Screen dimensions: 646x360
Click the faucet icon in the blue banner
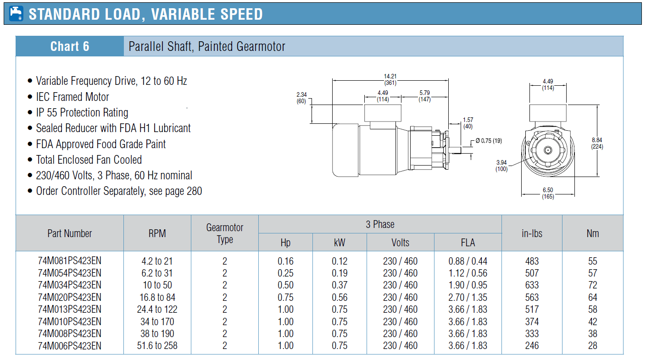16,14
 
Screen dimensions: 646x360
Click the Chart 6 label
70,46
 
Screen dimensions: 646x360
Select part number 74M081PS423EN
69,261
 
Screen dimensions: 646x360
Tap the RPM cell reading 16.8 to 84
157,297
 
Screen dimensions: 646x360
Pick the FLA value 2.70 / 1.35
468,297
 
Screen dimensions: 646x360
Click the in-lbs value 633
532,285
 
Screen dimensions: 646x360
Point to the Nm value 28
593,346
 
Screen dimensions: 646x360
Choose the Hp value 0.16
285,261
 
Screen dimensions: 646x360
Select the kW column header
340,243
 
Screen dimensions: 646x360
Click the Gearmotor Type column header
225,233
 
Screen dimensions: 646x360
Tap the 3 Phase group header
380,224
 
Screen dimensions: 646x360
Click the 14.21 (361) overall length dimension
390,79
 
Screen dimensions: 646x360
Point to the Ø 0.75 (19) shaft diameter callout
489,141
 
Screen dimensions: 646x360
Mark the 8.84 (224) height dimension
597,143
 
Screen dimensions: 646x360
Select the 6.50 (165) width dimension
548,194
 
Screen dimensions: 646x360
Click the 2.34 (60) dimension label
301,98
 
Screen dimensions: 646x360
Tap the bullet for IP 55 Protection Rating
30,112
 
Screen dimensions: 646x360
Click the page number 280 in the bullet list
195,191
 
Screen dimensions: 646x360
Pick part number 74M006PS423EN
69,346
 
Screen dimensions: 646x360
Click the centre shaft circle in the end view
548,150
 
